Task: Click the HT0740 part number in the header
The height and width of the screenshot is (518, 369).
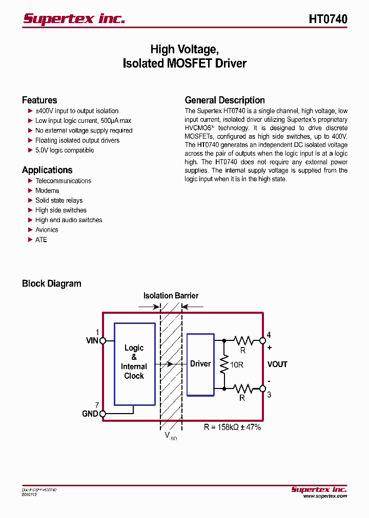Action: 328,19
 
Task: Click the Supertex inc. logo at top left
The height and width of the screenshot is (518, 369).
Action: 74,19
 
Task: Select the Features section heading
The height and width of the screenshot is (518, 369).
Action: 39,100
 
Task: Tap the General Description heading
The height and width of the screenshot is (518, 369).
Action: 224,100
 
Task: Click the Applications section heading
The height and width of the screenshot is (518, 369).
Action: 47,170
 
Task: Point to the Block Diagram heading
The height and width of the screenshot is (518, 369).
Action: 51,284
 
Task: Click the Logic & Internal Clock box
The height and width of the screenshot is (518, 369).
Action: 134,363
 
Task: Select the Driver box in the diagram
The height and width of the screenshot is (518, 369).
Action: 200,364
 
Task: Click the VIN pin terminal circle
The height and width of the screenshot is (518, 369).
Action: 102,340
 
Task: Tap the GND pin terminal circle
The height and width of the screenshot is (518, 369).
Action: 102,414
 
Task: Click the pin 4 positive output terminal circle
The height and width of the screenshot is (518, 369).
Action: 263,340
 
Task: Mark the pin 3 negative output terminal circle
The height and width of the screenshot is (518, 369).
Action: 263,389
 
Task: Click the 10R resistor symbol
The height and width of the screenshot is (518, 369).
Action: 224,364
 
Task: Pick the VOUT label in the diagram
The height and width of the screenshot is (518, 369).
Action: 277,364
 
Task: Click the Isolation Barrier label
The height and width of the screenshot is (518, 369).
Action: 171,296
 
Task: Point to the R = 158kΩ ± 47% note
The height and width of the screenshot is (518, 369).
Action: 232,427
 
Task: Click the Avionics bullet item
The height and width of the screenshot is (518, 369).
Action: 47,230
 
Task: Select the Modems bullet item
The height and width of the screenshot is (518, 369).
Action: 47,190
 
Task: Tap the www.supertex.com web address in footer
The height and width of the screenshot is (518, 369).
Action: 325,496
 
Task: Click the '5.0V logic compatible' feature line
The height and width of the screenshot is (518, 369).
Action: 65,150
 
